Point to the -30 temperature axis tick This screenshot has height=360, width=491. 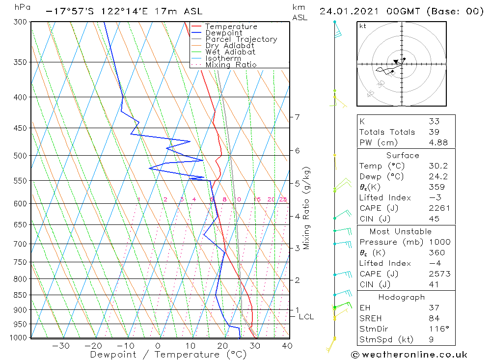pos(60,346)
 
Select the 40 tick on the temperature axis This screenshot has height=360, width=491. pos(287,346)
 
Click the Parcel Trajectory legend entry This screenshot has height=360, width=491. pos(241,39)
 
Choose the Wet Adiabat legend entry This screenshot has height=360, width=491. pos(230,52)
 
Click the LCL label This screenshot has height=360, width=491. pos(306,317)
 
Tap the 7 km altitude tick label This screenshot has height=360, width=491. pos(297,117)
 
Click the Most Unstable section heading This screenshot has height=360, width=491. pos(400,231)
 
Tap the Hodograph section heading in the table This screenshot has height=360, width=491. pos(401,297)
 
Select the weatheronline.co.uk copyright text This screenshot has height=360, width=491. pos(409,355)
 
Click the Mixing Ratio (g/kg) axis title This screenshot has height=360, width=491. pos(306,208)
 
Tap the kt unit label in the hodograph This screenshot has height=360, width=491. pos(362,26)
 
